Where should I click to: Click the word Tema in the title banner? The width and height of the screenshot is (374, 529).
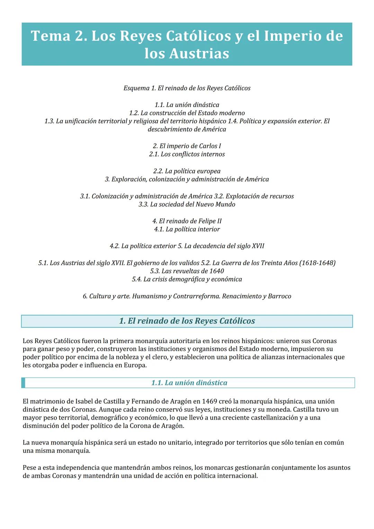51,36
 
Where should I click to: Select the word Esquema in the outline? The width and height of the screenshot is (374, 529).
136,88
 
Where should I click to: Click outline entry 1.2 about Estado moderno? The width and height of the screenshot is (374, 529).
187,113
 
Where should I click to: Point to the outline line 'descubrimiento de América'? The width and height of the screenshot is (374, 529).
187,129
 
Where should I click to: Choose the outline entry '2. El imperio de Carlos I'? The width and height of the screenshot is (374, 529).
187,146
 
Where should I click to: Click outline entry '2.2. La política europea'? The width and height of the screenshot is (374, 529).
187,171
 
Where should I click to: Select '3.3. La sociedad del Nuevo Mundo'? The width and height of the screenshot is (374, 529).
187,204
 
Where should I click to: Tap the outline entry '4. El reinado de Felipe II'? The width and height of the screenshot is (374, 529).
187,221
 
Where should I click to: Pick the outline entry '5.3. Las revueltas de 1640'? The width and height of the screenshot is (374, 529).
187,271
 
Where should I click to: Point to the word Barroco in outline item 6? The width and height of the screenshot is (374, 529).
279,296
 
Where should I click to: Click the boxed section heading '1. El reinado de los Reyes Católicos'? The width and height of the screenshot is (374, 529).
187,321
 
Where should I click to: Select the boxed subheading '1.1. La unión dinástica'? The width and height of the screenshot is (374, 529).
189,383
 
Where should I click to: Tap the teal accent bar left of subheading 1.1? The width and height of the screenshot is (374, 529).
23,383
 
